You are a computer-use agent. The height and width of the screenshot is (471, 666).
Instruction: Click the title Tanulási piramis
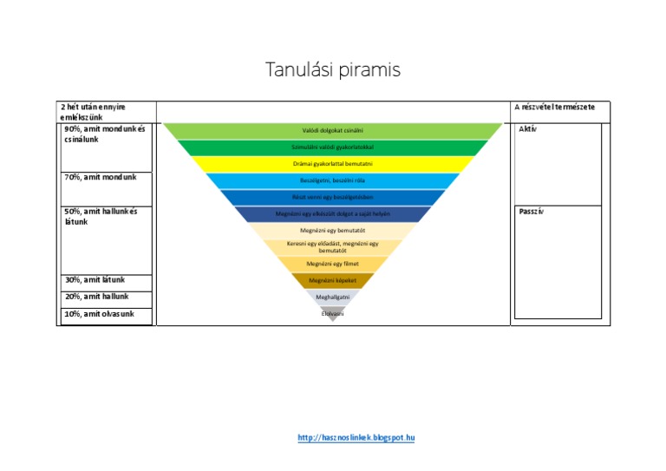333,70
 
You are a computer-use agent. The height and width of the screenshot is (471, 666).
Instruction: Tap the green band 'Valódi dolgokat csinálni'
333,131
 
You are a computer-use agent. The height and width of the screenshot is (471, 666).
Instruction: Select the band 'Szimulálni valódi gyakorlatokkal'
333,147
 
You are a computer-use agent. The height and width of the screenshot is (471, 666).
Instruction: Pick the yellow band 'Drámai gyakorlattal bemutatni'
333,164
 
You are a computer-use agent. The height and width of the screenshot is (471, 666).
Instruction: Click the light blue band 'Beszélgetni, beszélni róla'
333,180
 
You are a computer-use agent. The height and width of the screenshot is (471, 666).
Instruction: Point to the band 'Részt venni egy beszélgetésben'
333,197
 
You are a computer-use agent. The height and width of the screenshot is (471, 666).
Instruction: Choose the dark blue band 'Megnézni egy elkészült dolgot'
333,213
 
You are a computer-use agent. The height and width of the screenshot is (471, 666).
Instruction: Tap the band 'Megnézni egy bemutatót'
333,231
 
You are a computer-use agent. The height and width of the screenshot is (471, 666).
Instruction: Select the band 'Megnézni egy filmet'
333,264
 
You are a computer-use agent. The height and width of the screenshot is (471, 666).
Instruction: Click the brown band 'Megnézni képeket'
333,280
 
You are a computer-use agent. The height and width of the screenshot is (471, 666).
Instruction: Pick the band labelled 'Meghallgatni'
333,297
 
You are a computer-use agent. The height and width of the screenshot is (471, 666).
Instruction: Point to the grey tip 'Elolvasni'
333,312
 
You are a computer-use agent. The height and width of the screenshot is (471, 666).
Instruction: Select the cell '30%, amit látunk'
95,280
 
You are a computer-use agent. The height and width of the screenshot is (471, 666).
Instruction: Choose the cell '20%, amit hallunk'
97,297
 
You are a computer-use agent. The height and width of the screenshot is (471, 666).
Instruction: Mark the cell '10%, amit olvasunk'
99,314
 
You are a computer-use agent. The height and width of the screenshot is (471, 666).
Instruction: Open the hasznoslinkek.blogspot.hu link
356,438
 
